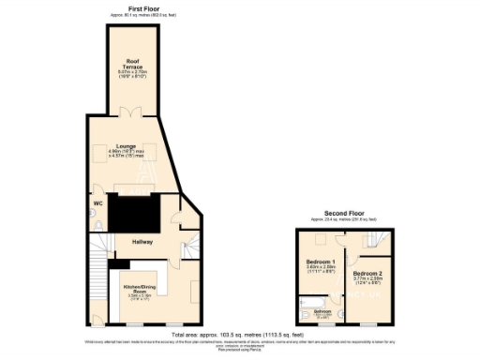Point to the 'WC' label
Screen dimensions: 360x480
[x=97, y=202]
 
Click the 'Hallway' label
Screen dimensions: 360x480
[x=142, y=241]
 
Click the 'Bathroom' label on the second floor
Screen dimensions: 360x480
[x=323, y=310]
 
